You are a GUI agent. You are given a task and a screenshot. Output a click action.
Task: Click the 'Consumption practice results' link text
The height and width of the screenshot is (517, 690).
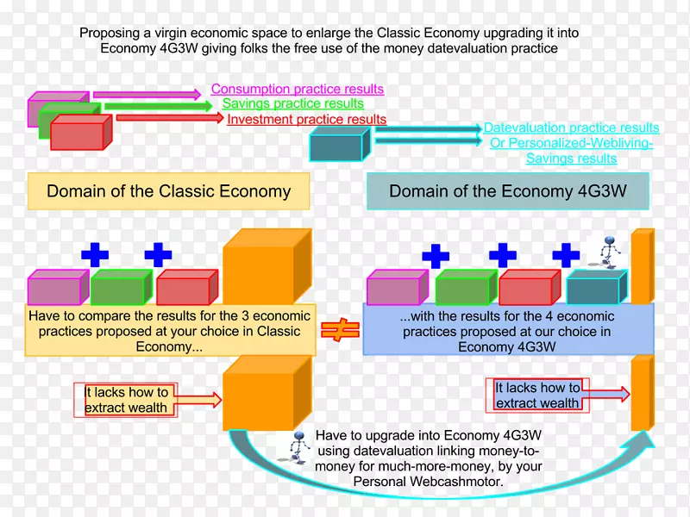pos(298,89)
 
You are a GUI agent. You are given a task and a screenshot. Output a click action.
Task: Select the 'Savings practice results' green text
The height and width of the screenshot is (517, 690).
pos(293,104)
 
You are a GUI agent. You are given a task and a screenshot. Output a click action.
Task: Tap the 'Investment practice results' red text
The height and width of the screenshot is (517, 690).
pos(306,120)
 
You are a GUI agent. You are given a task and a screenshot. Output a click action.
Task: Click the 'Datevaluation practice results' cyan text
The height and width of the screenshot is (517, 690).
pos(571,128)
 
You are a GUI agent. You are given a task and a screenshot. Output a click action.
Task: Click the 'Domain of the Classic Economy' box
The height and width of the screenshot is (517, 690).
pos(168,191)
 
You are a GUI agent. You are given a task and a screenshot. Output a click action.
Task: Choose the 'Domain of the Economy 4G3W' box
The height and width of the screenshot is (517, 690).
pos(508,191)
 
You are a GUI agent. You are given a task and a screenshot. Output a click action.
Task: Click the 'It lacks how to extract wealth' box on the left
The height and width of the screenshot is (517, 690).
pos(126,400)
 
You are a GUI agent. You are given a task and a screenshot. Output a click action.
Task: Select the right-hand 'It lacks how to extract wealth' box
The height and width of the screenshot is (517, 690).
pos(537,396)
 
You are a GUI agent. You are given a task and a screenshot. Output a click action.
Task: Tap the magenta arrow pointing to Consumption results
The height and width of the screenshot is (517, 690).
pos(151,92)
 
